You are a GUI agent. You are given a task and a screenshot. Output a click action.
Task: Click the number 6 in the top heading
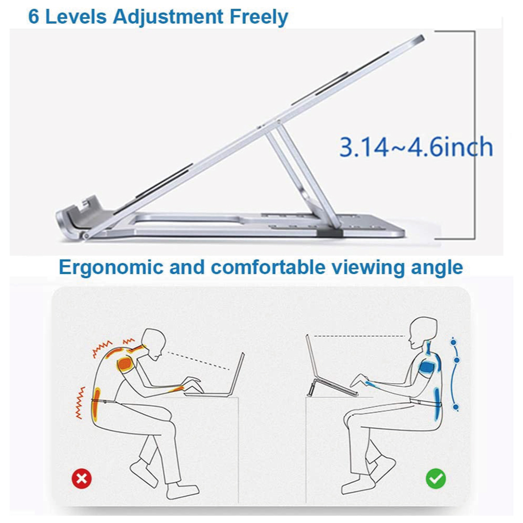click(33, 16)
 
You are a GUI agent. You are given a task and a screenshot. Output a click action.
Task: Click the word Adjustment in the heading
click(168, 17)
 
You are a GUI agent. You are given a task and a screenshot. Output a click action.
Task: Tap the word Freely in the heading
click(259, 17)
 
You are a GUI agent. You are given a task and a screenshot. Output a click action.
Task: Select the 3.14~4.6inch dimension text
click(416, 147)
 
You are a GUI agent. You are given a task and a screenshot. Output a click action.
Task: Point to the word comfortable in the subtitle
click(268, 267)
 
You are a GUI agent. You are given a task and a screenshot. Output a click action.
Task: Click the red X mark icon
click(82, 479)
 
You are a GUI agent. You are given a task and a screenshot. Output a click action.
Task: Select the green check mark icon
click(436, 479)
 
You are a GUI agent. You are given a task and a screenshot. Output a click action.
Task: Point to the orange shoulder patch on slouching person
click(124, 363)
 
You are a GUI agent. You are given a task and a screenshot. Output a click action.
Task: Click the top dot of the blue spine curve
click(453, 342)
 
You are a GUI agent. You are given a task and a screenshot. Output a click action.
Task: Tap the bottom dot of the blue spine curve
click(456, 407)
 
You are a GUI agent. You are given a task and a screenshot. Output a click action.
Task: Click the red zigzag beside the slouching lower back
click(80, 403)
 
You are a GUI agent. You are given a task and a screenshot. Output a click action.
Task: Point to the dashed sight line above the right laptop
click(359, 336)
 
